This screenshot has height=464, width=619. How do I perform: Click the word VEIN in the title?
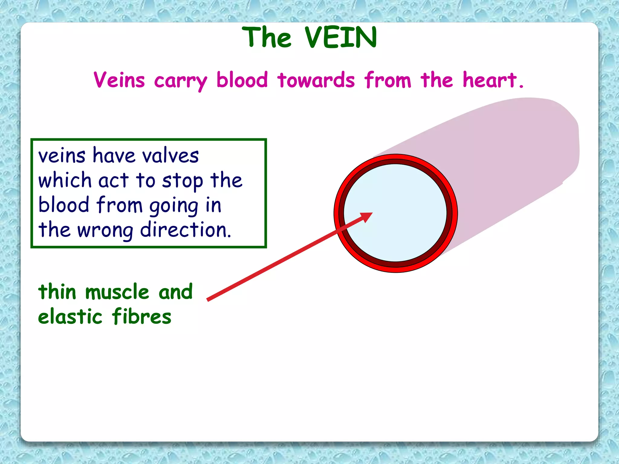coord(341,37)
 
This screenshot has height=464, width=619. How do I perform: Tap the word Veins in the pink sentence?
coord(119,80)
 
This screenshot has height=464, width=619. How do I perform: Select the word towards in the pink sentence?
coord(316,80)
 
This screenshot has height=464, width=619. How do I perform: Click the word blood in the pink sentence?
coord(242,80)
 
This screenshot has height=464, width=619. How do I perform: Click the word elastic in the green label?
coord(70,317)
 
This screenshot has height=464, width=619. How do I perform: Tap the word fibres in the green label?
coord(141,316)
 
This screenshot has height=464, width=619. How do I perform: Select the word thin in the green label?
coord(57,292)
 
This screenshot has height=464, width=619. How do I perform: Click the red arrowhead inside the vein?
coord(366,217)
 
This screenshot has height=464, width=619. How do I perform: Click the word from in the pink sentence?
coord(387,80)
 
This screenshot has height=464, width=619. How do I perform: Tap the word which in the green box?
coord(65,181)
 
